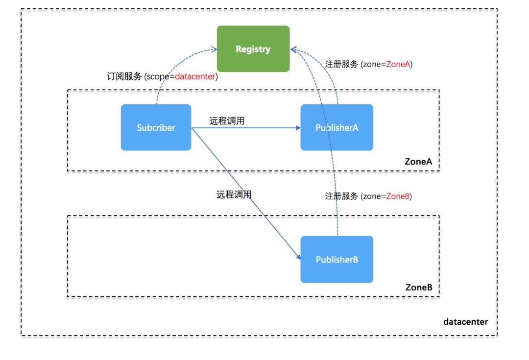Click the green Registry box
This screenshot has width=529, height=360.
[253, 48]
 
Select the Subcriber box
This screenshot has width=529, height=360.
[156, 127]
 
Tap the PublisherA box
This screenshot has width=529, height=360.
[337, 127]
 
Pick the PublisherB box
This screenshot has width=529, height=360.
[337, 259]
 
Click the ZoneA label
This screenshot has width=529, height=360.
[418, 162]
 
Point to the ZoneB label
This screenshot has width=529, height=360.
[419, 287]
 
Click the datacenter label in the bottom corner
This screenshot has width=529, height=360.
[466, 321]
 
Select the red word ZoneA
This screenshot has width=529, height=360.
[398, 64]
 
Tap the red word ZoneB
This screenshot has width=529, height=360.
[398, 196]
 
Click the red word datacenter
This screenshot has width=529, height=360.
[195, 76]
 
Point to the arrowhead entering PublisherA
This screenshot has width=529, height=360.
[298, 128]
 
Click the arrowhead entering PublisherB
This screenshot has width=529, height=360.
[299, 257]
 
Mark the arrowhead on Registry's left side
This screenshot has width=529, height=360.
[214, 49]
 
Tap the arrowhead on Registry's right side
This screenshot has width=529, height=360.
[293, 50]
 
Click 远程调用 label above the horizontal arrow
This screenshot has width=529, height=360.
[227, 121]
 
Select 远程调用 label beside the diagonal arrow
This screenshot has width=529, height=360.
[234, 194]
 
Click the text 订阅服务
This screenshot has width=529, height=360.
[124, 76]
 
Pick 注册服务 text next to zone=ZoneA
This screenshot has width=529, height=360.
[341, 64]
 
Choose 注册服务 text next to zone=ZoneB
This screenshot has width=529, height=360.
[341, 196]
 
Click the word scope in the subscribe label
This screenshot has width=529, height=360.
[158, 77]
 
